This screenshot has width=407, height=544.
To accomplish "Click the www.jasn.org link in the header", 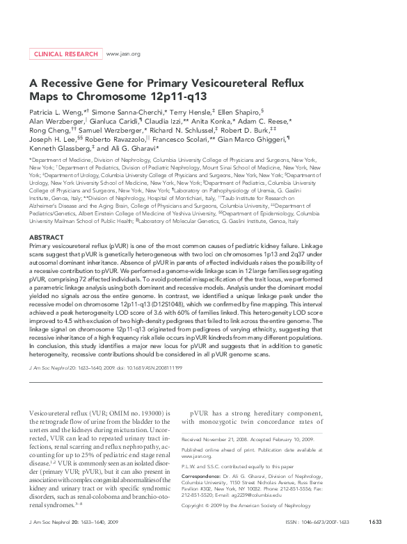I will pyautogui.click(x=123, y=53).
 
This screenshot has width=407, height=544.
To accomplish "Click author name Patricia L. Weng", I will pyautogui.click(x=56, y=111).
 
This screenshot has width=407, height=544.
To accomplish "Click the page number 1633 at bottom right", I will pyautogui.click(x=376, y=521).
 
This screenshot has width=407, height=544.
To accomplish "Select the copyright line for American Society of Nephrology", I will pyautogui.click(x=251, y=506).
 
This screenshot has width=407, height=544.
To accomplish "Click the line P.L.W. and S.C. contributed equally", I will pyautogui.click(x=237, y=466).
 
